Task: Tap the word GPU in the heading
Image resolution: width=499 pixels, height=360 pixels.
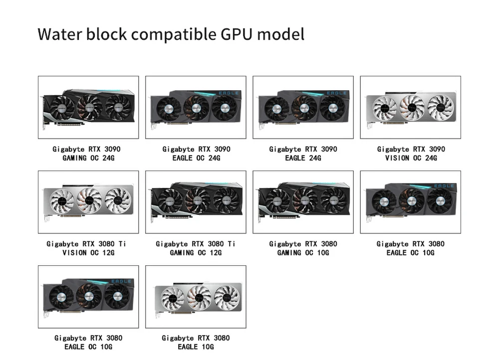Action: click(x=243, y=34)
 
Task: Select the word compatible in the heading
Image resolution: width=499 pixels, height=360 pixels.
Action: click(x=174, y=34)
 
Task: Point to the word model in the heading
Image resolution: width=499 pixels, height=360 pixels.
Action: click(x=283, y=34)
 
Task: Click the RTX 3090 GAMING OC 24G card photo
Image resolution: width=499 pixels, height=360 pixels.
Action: click(x=88, y=107)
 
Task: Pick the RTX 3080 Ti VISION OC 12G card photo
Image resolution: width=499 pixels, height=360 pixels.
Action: click(x=88, y=202)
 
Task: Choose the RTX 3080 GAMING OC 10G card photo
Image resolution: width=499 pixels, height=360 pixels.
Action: click(x=303, y=202)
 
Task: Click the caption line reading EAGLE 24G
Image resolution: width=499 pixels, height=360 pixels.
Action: click(x=303, y=158)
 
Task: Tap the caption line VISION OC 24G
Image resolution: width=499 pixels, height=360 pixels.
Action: click(x=411, y=158)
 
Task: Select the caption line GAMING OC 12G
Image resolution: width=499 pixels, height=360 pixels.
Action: click(x=196, y=253)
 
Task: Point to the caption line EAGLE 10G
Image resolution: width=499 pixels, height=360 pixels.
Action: click(x=196, y=347)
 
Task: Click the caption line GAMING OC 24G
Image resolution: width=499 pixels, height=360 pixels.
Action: click(x=88, y=158)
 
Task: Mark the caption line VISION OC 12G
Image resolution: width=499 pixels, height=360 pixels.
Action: click(x=88, y=253)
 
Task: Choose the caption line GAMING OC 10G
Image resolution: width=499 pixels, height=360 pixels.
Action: click(x=303, y=253)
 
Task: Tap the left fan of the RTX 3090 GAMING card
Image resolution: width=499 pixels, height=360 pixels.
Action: click(x=63, y=108)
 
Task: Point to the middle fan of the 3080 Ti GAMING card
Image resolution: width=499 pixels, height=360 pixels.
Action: click(x=198, y=201)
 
